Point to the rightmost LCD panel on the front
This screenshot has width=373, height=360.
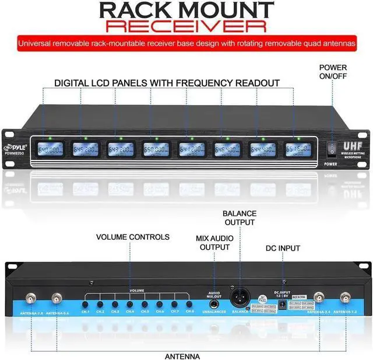click(298, 150)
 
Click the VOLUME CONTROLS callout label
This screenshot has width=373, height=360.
click(133, 237)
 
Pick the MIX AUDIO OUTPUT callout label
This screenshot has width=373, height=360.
click(214, 243)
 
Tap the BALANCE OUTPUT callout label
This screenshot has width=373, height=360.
click(239, 218)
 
